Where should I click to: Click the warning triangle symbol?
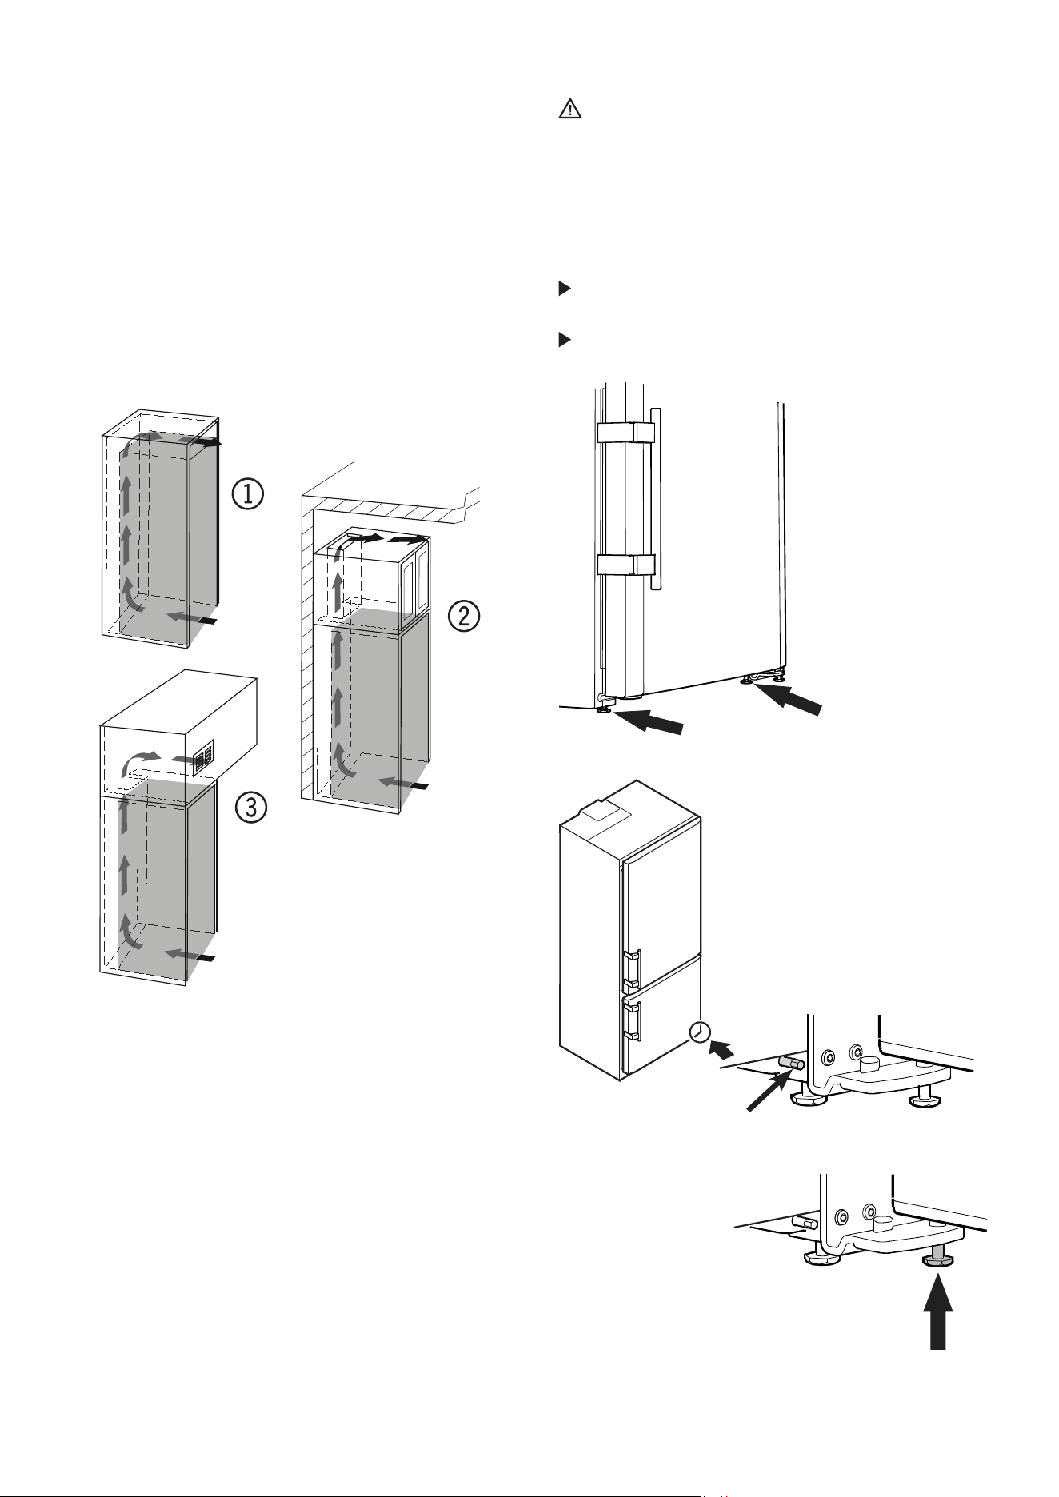coord(569,110)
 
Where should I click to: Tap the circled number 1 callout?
coord(248,494)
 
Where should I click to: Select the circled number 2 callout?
coord(464,616)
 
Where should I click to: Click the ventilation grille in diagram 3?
coord(203,757)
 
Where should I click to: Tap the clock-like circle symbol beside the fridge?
coord(699,1032)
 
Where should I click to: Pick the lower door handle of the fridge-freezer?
coord(633,1021)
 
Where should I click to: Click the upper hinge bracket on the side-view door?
coord(626,432)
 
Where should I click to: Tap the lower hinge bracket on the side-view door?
coord(626,564)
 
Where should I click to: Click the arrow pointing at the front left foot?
coord(649,719)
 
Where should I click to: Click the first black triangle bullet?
coord(564,289)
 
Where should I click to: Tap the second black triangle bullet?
coord(564,340)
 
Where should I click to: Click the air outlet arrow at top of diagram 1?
coord(200,441)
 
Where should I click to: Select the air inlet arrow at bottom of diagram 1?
coord(192,618)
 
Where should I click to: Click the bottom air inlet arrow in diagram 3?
coord(189,955)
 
